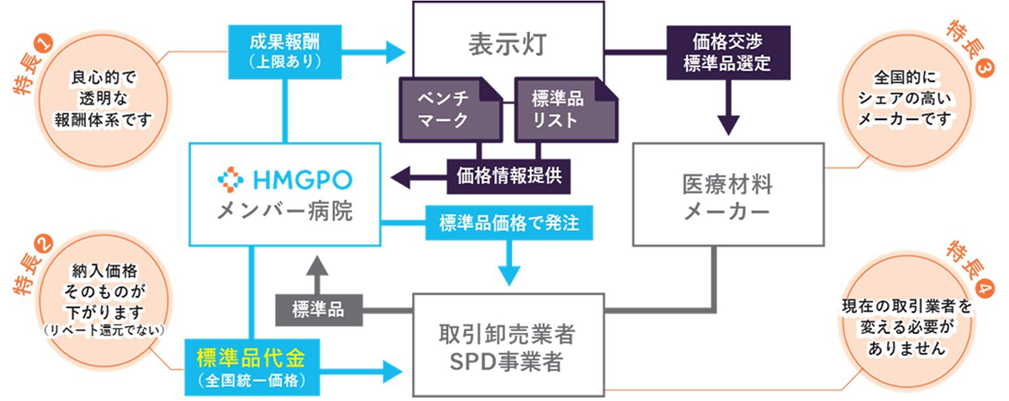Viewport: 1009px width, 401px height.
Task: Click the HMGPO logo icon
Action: [x=230, y=178]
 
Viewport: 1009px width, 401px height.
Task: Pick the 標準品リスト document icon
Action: [x=561, y=110]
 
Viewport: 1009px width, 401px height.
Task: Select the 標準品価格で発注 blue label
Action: [x=510, y=224]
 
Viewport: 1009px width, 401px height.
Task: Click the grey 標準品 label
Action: [x=318, y=309]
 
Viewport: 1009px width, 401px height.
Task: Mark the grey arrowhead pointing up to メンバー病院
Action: [x=317, y=266]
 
